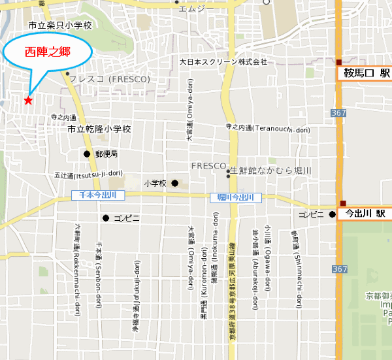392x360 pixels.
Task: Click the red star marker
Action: coord(27,100)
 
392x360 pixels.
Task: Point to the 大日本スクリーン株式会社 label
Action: coord(223,63)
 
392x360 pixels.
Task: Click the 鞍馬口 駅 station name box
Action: coord(364,73)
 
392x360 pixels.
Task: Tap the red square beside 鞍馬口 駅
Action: coord(339,63)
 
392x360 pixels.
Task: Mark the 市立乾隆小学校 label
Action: coord(99,129)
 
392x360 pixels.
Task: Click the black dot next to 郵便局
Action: coord(87,154)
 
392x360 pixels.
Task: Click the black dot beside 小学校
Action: coord(174,184)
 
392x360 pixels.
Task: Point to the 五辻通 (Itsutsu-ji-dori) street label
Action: coord(88,174)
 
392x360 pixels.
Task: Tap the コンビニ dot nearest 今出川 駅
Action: coord(332,214)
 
